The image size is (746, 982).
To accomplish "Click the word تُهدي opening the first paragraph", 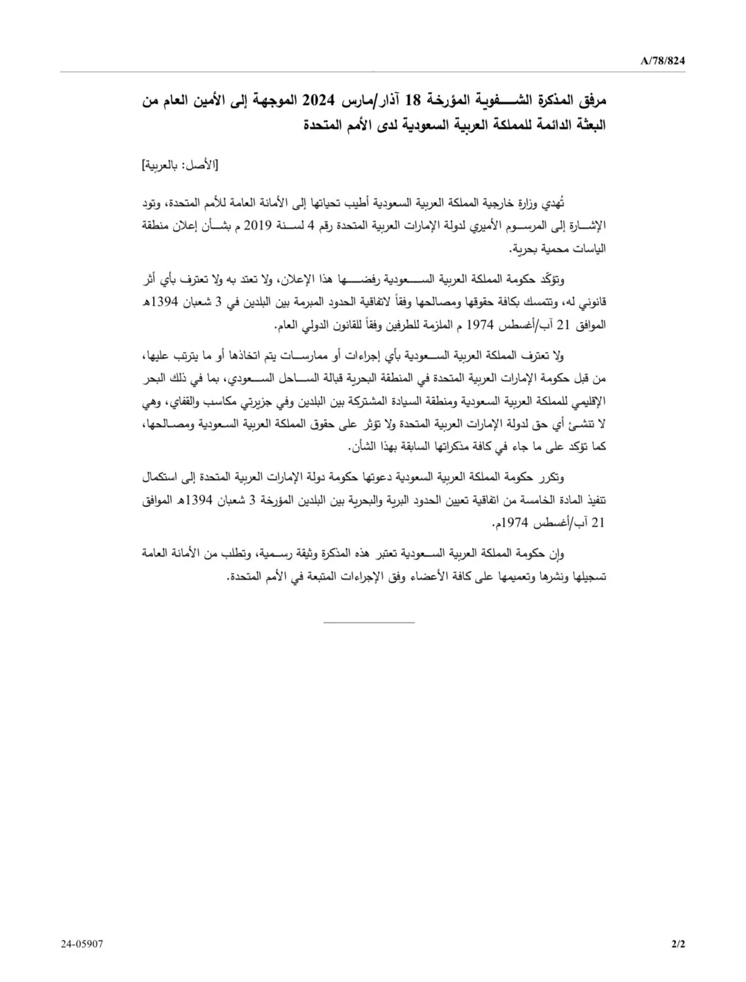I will coord(553,203).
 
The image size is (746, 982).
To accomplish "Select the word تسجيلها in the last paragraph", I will coord(587,576).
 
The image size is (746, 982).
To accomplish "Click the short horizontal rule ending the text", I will coord(368,622).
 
